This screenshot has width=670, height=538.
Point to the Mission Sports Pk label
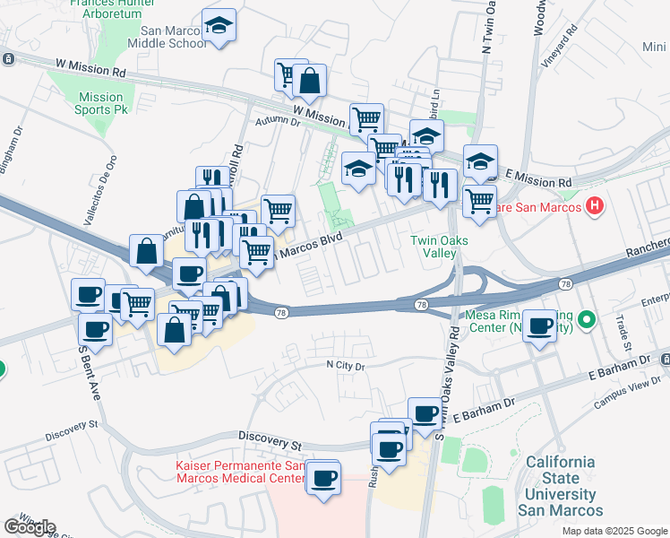100,103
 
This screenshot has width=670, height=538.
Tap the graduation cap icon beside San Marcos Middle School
218,27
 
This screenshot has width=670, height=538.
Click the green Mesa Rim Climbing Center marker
587,319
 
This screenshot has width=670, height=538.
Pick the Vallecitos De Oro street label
112,183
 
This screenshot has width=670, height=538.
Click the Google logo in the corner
30,526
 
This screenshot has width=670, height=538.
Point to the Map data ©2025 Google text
614,531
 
